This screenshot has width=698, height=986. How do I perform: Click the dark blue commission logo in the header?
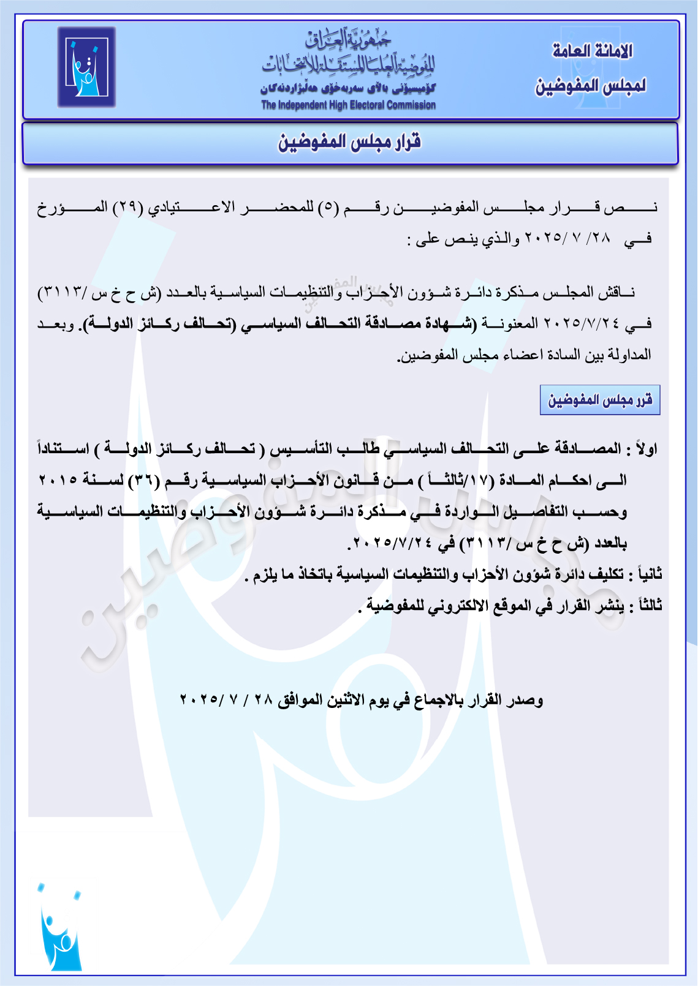(86, 67)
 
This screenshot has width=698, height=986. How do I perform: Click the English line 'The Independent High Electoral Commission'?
(348, 105)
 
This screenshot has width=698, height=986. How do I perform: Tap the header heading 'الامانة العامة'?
(592, 51)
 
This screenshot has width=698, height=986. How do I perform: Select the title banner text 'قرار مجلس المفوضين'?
(349, 143)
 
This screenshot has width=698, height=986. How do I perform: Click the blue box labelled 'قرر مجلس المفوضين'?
(599, 400)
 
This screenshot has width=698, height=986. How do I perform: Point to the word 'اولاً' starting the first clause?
(646, 449)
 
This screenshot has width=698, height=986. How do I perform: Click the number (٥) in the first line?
(328, 207)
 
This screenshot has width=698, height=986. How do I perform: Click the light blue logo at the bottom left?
(60, 928)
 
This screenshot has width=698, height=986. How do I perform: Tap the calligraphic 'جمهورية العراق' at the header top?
(348, 39)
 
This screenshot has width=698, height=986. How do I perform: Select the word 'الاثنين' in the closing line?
(345, 699)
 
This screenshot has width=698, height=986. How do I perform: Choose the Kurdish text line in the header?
(348, 88)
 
